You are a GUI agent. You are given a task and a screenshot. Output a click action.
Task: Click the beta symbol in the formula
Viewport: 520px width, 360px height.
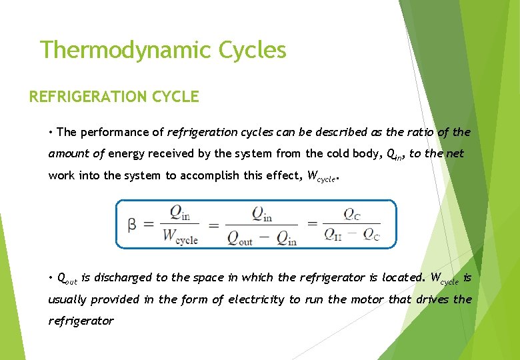[x=133, y=225]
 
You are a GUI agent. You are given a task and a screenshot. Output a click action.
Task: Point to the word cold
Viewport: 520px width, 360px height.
[x=323, y=154]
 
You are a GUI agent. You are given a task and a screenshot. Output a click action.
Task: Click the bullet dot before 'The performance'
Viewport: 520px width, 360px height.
[x=51, y=133]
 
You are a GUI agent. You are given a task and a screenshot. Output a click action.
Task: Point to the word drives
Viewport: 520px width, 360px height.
[x=432, y=299]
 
